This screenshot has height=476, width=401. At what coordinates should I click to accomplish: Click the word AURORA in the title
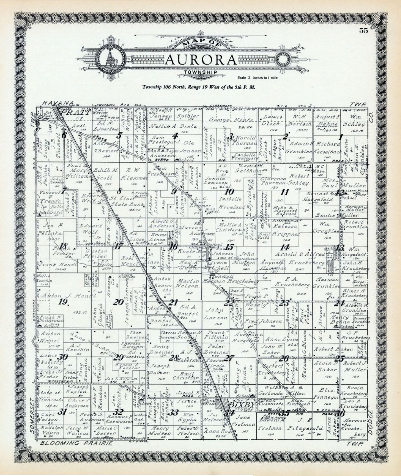(201, 60)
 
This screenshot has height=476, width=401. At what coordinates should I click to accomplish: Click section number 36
(340, 413)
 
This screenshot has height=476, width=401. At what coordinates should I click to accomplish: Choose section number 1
(341, 137)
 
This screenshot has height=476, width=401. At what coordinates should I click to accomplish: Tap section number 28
(173, 357)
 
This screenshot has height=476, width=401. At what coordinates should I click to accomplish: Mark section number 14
(284, 247)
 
